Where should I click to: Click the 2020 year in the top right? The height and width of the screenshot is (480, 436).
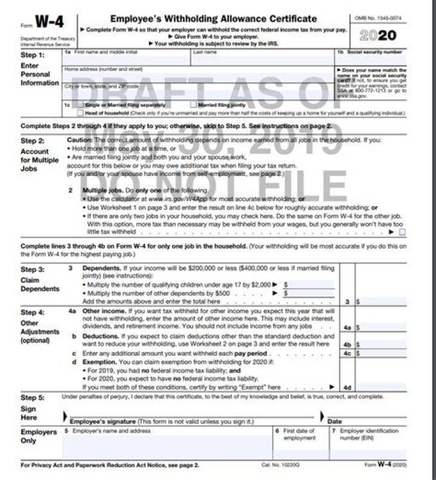click(x=377, y=36)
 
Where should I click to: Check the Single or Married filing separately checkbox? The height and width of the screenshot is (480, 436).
click(x=80, y=105)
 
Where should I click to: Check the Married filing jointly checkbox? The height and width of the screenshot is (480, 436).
click(x=193, y=105)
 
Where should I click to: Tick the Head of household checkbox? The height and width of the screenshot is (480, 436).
click(x=80, y=113)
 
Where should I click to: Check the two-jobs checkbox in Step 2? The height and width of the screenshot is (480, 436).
click(x=402, y=232)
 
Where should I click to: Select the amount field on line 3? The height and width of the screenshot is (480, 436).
click(x=381, y=301)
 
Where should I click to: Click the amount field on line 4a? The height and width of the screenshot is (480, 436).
click(x=381, y=327)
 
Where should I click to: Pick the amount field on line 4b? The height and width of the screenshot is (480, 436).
click(x=381, y=344)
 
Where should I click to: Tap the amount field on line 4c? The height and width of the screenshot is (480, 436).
click(x=381, y=353)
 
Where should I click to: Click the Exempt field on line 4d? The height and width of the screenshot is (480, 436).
click(x=381, y=386)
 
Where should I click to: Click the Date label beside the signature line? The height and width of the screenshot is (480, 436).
click(x=334, y=421)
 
